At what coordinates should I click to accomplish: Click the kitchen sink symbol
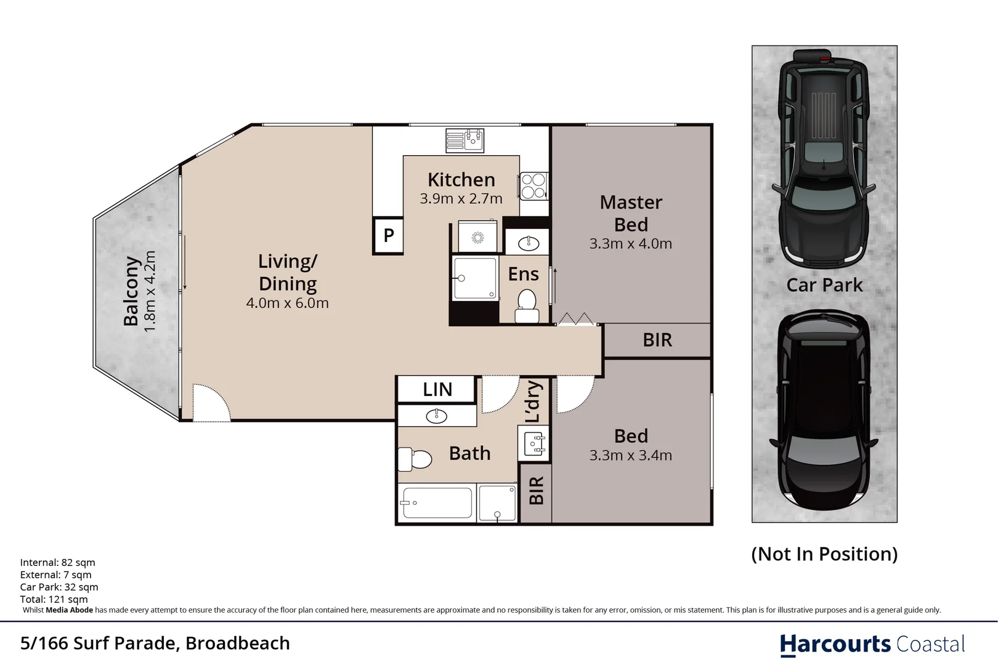465,140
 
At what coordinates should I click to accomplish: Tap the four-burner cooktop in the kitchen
533,186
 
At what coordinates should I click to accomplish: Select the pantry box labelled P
388,235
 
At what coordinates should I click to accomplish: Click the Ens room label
523,274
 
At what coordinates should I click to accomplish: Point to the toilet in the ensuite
527,306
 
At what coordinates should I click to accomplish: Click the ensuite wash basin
529,243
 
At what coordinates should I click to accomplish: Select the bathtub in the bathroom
436,503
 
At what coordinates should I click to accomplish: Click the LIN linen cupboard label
437,389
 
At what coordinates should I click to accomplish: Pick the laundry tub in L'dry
534,444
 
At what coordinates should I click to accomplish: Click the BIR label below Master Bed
657,340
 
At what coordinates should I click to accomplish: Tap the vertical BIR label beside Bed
536,490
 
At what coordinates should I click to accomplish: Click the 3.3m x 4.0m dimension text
630,244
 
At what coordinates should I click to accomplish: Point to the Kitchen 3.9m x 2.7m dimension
461,199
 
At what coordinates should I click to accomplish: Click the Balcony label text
131,291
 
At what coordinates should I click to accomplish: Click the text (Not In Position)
824,554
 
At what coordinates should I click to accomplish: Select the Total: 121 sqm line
54,599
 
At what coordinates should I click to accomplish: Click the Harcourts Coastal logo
872,644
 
